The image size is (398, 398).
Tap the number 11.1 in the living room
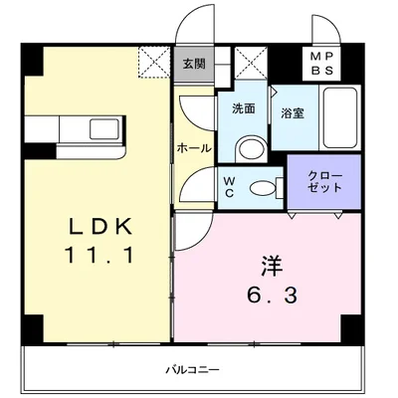coord(98,255)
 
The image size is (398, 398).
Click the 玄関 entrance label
coord(193,65)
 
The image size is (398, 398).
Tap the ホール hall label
coord(193,147)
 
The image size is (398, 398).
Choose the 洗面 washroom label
coord(244,107)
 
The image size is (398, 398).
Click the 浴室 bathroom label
coord(292,113)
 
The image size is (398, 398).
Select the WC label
coord(229,186)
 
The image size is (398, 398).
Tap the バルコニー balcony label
coord(193,370)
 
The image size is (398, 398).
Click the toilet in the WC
coord(262,187)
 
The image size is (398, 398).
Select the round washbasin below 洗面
coord(250,149)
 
